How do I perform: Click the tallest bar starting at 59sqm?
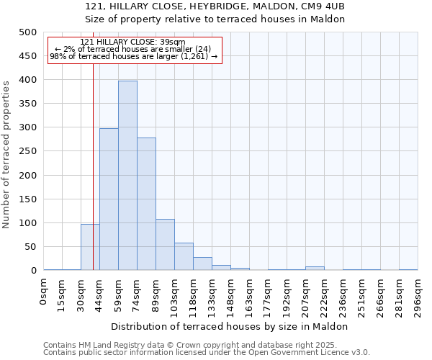[127, 176]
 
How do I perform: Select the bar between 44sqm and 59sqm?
[109, 199]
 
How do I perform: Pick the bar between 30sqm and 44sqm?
[90, 247]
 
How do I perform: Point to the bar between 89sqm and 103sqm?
[165, 245]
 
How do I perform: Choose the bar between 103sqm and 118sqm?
[184, 256]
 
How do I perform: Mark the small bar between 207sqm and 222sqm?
[315, 268]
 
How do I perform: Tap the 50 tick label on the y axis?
[31, 247]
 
